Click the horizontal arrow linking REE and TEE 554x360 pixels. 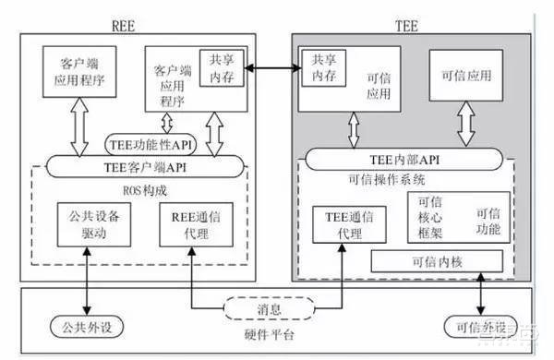273,66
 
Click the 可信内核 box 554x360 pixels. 437,261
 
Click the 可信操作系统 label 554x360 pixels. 411,179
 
